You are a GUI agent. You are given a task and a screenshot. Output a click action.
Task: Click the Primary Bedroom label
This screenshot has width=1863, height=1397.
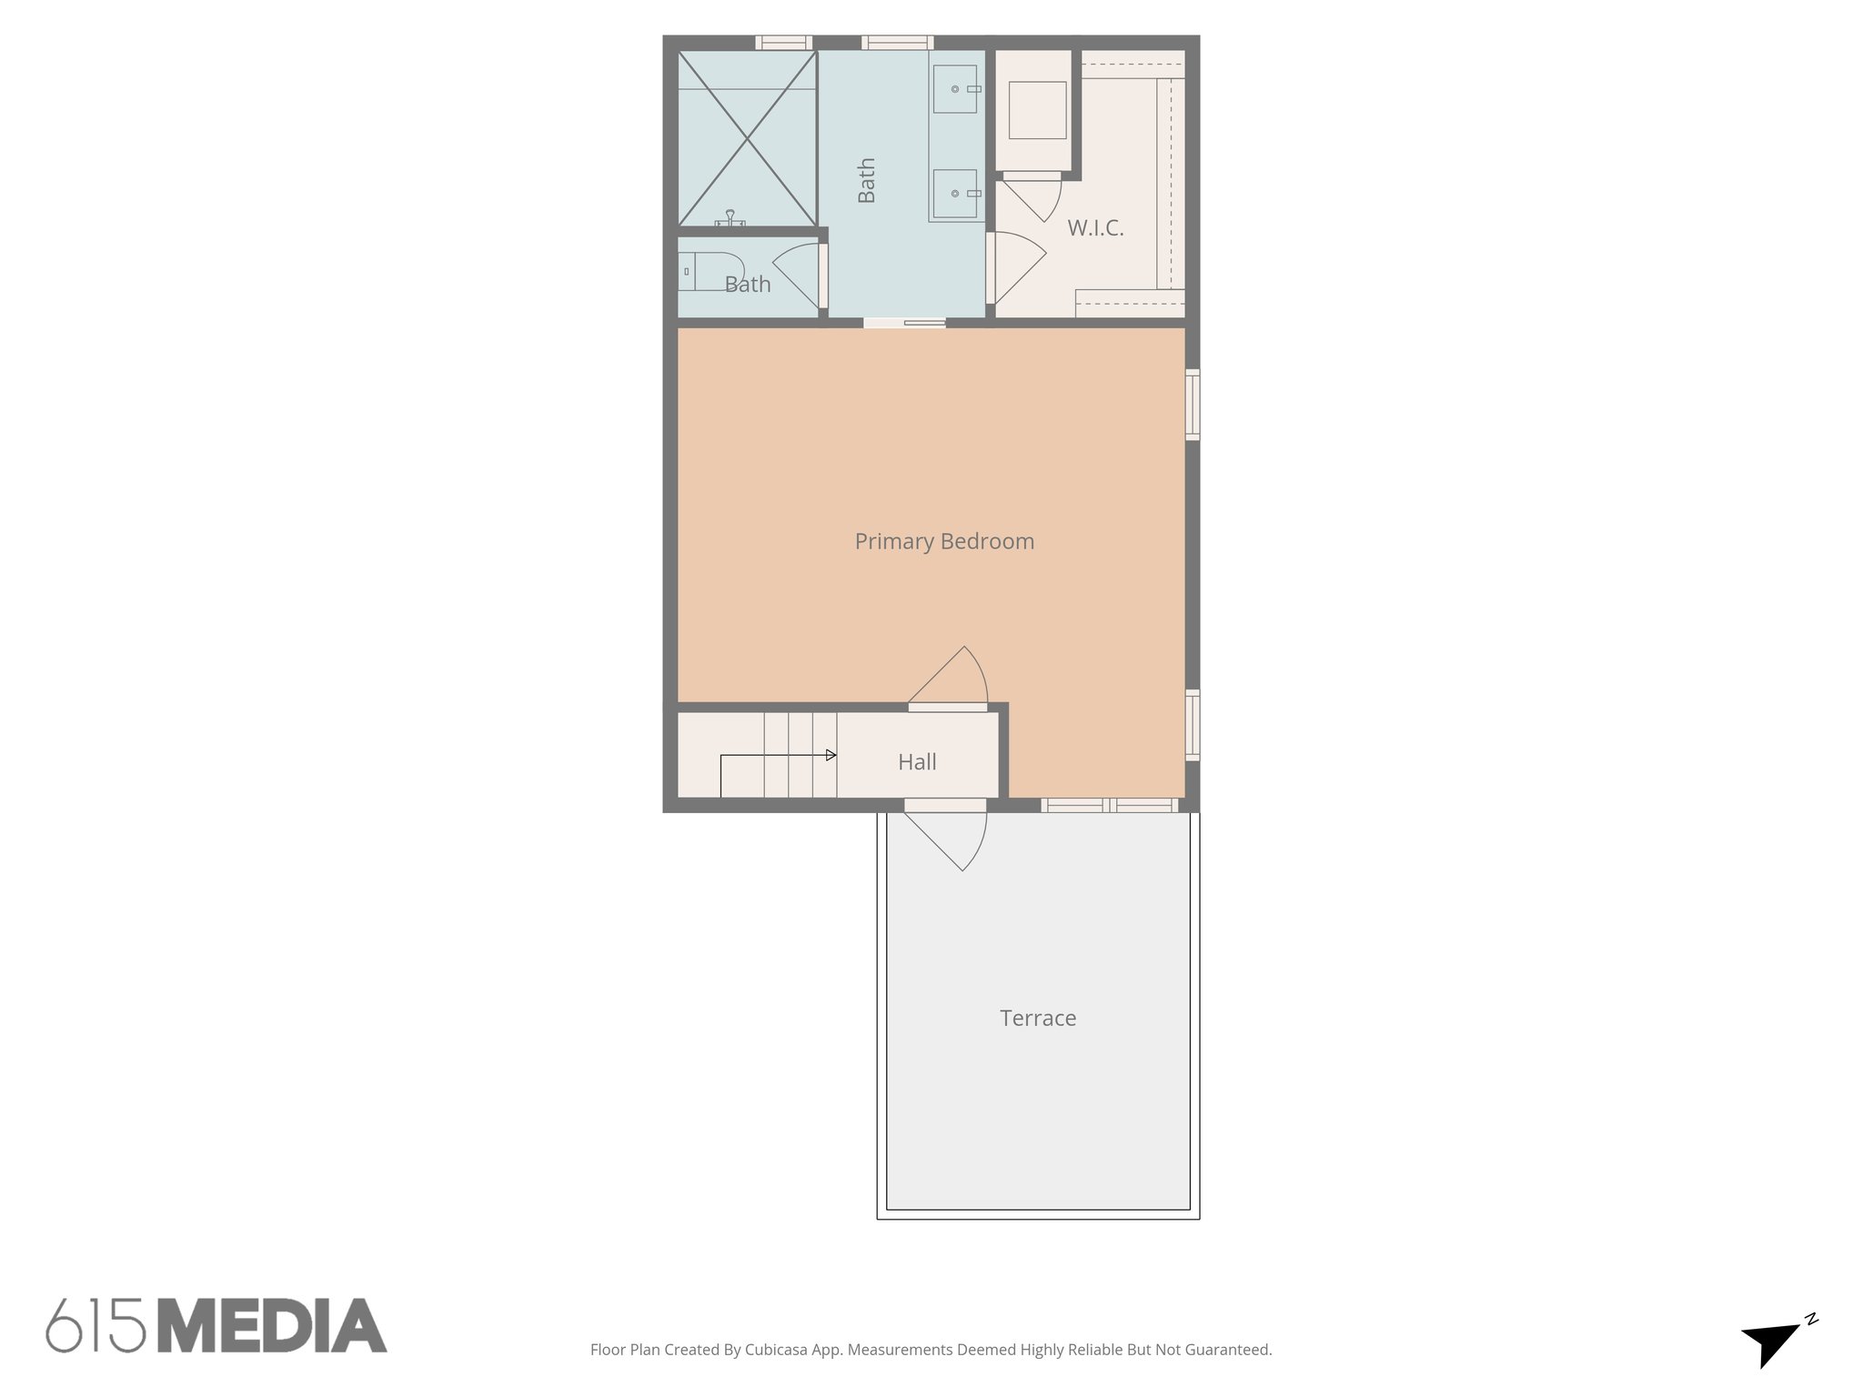click(x=944, y=542)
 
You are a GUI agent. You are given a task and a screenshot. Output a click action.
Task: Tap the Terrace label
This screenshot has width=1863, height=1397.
click(x=1038, y=1019)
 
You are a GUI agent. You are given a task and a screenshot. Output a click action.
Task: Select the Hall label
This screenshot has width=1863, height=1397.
click(x=917, y=762)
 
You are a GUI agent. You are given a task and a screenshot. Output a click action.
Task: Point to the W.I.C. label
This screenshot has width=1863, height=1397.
click(x=1095, y=228)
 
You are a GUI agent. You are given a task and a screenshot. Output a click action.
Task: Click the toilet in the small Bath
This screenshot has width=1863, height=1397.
click(x=710, y=270)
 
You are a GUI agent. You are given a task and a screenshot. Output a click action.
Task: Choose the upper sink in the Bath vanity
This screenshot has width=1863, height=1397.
click(x=956, y=89)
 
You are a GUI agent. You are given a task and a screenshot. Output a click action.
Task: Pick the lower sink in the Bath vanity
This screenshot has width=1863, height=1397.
click(x=956, y=194)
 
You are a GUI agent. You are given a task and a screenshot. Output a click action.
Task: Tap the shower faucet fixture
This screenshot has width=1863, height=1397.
click(x=730, y=218)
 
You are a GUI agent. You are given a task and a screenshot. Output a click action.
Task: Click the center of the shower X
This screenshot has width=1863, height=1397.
click(x=747, y=138)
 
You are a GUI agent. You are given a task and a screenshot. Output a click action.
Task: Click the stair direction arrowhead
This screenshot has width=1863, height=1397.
click(x=831, y=755)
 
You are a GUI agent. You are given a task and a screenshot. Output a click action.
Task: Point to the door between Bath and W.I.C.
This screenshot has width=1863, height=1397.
click(x=1014, y=267)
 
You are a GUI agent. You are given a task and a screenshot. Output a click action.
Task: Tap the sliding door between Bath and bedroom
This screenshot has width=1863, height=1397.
click(x=905, y=322)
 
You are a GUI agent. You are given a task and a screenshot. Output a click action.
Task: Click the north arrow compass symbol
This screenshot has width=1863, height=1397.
click(x=1774, y=1341)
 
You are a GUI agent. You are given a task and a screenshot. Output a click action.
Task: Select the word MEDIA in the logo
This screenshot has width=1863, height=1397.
click(x=273, y=1326)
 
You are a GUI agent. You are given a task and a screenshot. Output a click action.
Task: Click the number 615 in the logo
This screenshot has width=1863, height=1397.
click(x=96, y=1326)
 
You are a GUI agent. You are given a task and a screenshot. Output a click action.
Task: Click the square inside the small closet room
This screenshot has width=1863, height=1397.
click(x=1037, y=110)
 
